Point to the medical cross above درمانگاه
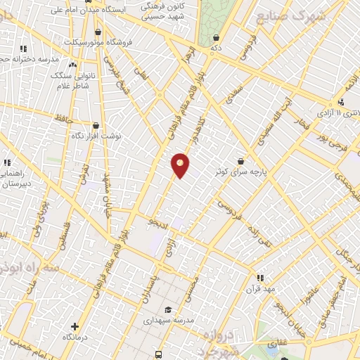(75, 326)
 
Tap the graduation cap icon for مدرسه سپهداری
(168, 310)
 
